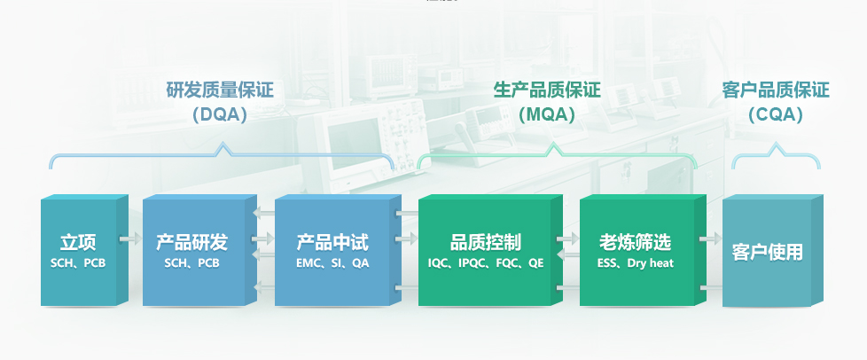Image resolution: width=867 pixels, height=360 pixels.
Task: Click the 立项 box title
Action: [x=78, y=242]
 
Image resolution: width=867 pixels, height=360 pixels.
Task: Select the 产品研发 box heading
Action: [x=191, y=242]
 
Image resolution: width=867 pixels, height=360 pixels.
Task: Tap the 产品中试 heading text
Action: [x=332, y=242]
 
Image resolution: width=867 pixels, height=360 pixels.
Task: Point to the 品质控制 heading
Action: [x=486, y=242]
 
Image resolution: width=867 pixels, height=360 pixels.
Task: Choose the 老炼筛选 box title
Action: [x=636, y=242]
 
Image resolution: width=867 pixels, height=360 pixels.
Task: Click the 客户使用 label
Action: [x=767, y=252]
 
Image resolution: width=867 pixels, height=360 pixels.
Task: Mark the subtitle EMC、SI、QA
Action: [x=332, y=263]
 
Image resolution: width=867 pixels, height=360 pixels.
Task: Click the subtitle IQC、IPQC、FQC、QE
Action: [x=486, y=263]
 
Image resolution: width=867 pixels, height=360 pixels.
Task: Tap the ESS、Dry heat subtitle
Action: [x=636, y=263]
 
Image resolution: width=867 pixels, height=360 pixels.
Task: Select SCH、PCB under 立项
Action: [x=78, y=263]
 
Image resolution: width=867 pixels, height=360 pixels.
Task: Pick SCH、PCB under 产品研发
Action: [x=191, y=263]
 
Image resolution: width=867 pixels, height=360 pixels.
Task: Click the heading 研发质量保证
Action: [x=220, y=90]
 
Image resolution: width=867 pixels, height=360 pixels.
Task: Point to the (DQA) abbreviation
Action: [x=220, y=114]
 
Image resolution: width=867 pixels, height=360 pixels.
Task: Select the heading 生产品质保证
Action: [x=547, y=90]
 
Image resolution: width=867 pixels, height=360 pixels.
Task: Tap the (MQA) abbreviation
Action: [x=547, y=114]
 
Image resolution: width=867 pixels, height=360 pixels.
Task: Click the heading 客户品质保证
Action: [x=776, y=90]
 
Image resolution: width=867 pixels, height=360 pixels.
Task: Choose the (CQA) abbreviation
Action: [x=776, y=114]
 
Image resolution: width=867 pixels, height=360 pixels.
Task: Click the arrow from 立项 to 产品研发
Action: [x=130, y=239]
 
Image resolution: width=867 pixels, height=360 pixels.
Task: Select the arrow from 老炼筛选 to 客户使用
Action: [x=710, y=239]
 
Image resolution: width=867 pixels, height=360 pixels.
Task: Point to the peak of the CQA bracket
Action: [x=777, y=144]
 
